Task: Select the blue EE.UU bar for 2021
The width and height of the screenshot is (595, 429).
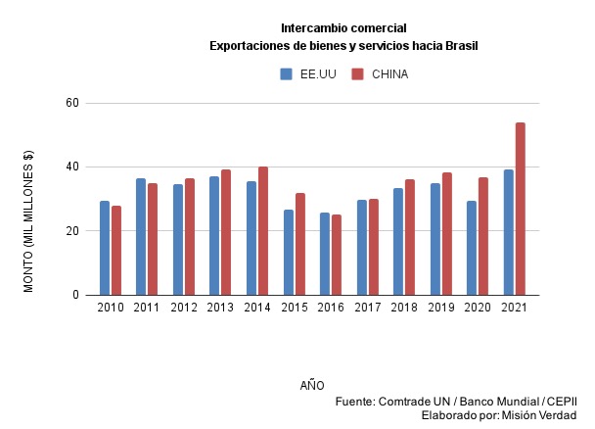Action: [x=508, y=232]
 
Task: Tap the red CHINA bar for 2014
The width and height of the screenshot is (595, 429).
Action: [x=263, y=231]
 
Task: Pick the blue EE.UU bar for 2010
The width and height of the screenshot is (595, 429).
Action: [x=104, y=248]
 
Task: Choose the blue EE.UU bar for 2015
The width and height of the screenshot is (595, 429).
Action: [x=288, y=253]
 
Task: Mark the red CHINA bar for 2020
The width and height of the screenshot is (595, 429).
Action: [x=483, y=236]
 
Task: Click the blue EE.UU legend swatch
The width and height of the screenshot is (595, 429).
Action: [x=287, y=73]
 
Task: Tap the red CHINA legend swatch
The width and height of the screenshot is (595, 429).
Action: [x=357, y=73]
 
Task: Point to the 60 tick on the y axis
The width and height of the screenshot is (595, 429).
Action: [x=71, y=103]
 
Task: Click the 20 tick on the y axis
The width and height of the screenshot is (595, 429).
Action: [x=71, y=231]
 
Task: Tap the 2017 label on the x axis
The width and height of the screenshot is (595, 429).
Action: [x=367, y=309]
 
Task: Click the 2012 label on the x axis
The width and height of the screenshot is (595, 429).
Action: [x=183, y=309]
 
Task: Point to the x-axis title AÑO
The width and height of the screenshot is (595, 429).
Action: [x=312, y=385]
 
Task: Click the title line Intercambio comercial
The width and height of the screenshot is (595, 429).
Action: [x=343, y=27]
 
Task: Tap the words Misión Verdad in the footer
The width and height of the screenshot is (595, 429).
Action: [x=539, y=416]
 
